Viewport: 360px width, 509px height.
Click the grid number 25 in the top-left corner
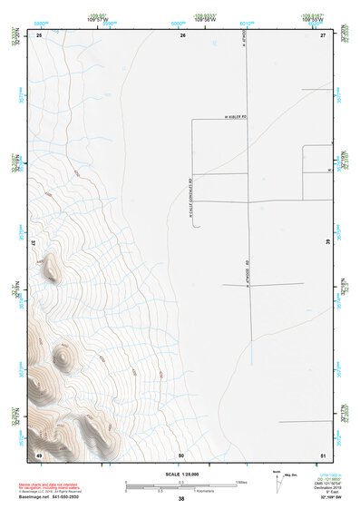coord(40,34)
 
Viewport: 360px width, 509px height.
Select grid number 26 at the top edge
coord(182,34)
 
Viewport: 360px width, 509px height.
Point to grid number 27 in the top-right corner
coord(322,34)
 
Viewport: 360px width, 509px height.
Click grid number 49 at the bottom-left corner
coord(39,454)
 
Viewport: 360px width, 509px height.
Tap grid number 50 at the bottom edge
coord(181,454)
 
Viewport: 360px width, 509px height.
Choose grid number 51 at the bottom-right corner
coord(322,454)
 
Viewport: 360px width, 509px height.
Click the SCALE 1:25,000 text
coord(180,475)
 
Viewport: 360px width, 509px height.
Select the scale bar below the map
coord(181,485)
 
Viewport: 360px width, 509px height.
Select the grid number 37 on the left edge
coord(35,243)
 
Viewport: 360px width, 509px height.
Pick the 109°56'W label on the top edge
coord(204,20)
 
